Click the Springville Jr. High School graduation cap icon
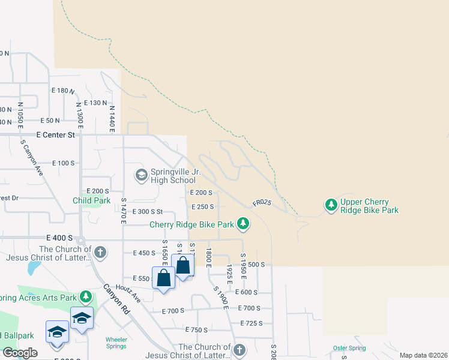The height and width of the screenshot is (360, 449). coord(142,175)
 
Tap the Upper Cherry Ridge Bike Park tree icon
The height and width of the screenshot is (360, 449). coord(331,205)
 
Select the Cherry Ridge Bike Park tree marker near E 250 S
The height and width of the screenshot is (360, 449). coord(243,224)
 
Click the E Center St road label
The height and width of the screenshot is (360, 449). coord(55,135)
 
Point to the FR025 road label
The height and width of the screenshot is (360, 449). coord(262,203)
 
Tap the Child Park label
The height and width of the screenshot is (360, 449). coord(91,201)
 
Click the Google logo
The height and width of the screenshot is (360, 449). coord(20,353)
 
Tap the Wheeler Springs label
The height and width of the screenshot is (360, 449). coord(116,343)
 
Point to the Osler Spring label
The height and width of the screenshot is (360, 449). coord(349,348)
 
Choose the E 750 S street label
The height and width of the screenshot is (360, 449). coord(196,330)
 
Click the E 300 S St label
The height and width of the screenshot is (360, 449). coord(148,211)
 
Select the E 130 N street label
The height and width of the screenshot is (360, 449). coord(95,103)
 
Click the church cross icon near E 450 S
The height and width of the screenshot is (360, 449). coord(100,252)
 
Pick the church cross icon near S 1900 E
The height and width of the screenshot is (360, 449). coord(240,350)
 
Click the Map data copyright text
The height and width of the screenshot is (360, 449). coord(423,355)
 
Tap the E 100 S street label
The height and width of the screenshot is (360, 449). coord(63,163)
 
